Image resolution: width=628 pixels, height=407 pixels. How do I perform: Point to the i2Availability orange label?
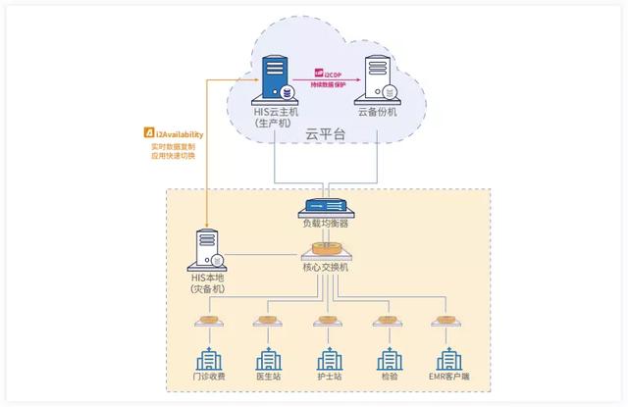pos(175,131)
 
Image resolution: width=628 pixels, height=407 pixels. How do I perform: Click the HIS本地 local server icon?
pos(210,249)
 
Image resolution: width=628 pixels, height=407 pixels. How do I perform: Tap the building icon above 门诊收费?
pos(208,359)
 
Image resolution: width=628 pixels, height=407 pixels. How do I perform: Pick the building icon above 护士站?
pos(328,359)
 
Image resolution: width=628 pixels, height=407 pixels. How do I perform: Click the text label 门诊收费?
pos(208,379)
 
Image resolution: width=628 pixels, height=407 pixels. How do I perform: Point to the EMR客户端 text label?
pos(446,379)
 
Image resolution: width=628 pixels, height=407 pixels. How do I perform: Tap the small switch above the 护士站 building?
pos(326,320)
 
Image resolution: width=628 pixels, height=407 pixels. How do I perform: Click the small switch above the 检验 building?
pos(386,320)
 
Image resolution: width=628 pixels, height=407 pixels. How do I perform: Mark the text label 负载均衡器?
pos(326,224)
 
